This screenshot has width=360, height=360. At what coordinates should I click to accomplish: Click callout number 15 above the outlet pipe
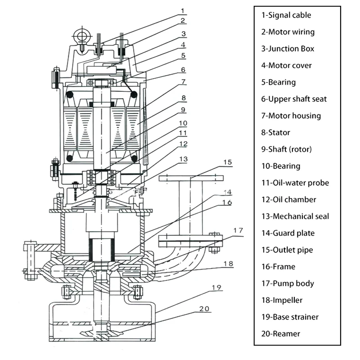(x=228, y=162)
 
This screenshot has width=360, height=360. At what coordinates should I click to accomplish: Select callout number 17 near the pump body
(x=238, y=231)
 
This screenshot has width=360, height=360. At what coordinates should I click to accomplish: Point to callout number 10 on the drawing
(x=183, y=122)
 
